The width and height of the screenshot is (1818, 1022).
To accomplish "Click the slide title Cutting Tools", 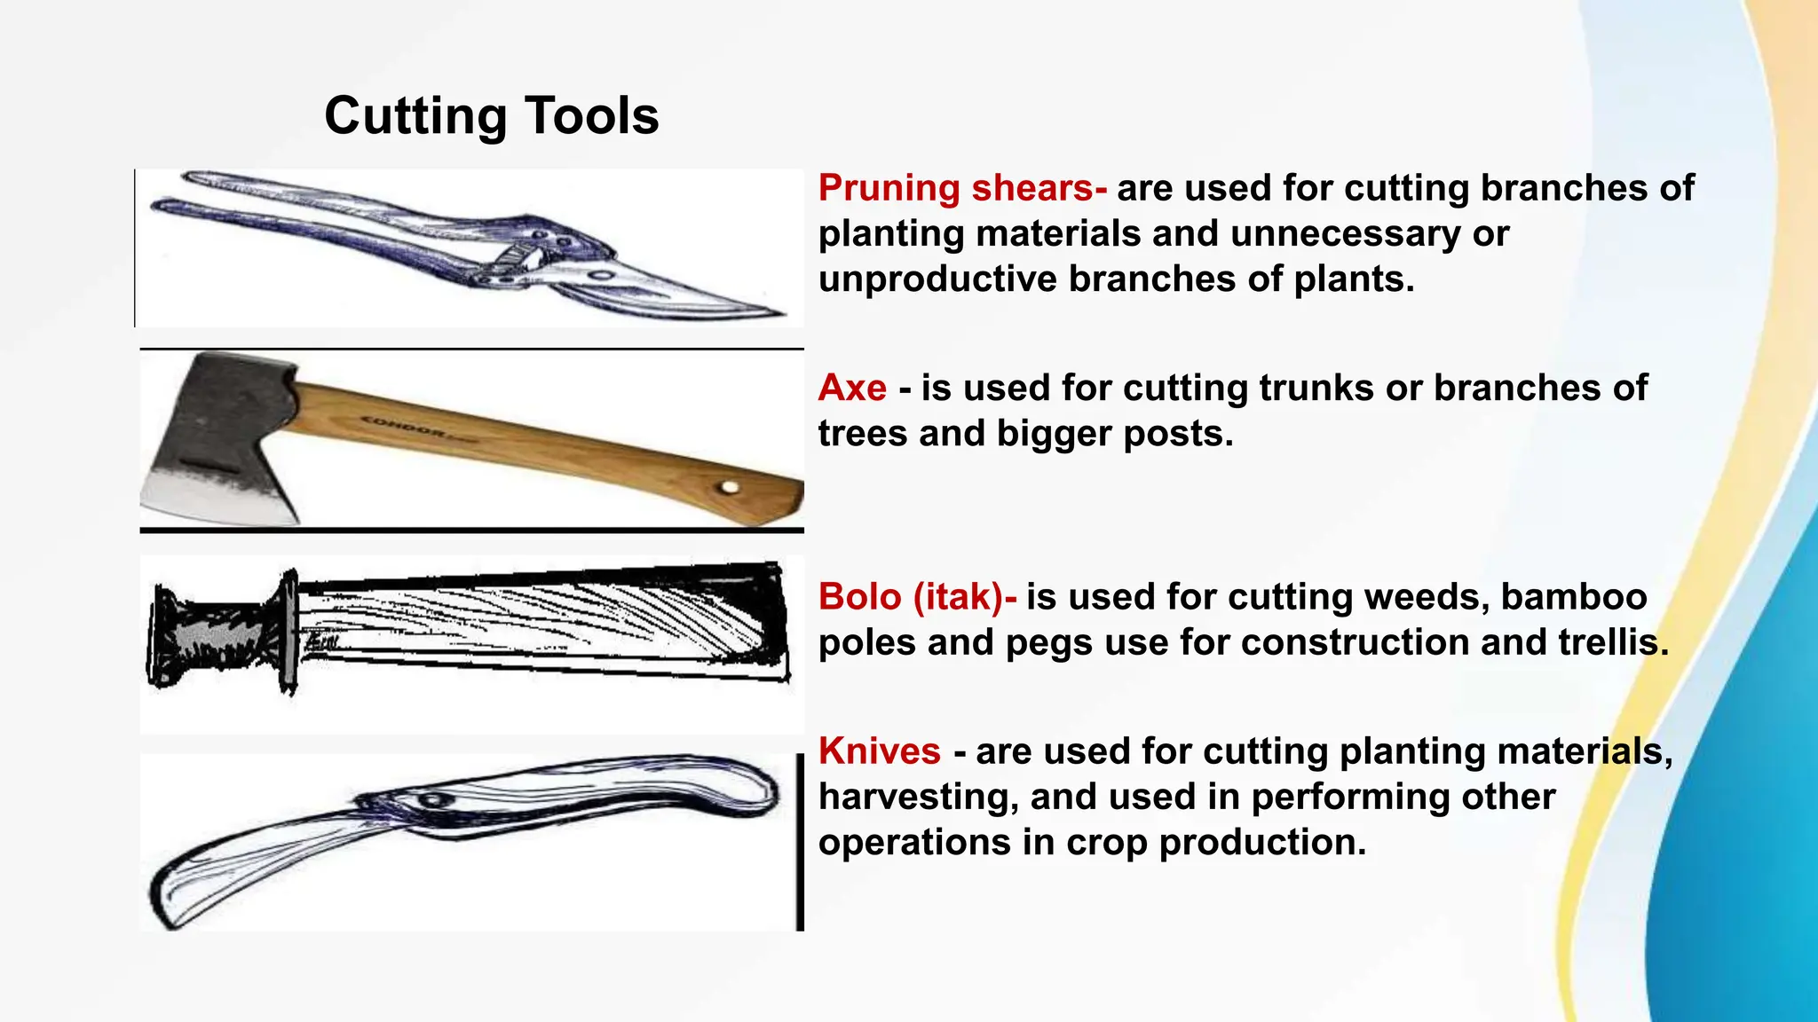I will pyautogui.click(x=491, y=116).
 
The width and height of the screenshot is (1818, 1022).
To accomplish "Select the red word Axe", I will pyautogui.click(x=852, y=388).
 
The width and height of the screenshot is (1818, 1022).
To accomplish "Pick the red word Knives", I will pyautogui.click(x=879, y=751).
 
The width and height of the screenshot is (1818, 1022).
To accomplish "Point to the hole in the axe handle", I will pyautogui.click(x=730, y=487).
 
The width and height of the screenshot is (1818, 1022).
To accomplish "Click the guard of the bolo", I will pyautogui.click(x=289, y=632).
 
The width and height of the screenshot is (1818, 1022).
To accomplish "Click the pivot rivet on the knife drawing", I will pyautogui.click(x=434, y=800).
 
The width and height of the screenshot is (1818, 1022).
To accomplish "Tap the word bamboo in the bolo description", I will pyautogui.click(x=1573, y=596).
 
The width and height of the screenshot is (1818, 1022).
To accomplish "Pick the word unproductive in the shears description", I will pyautogui.click(x=937, y=279).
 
